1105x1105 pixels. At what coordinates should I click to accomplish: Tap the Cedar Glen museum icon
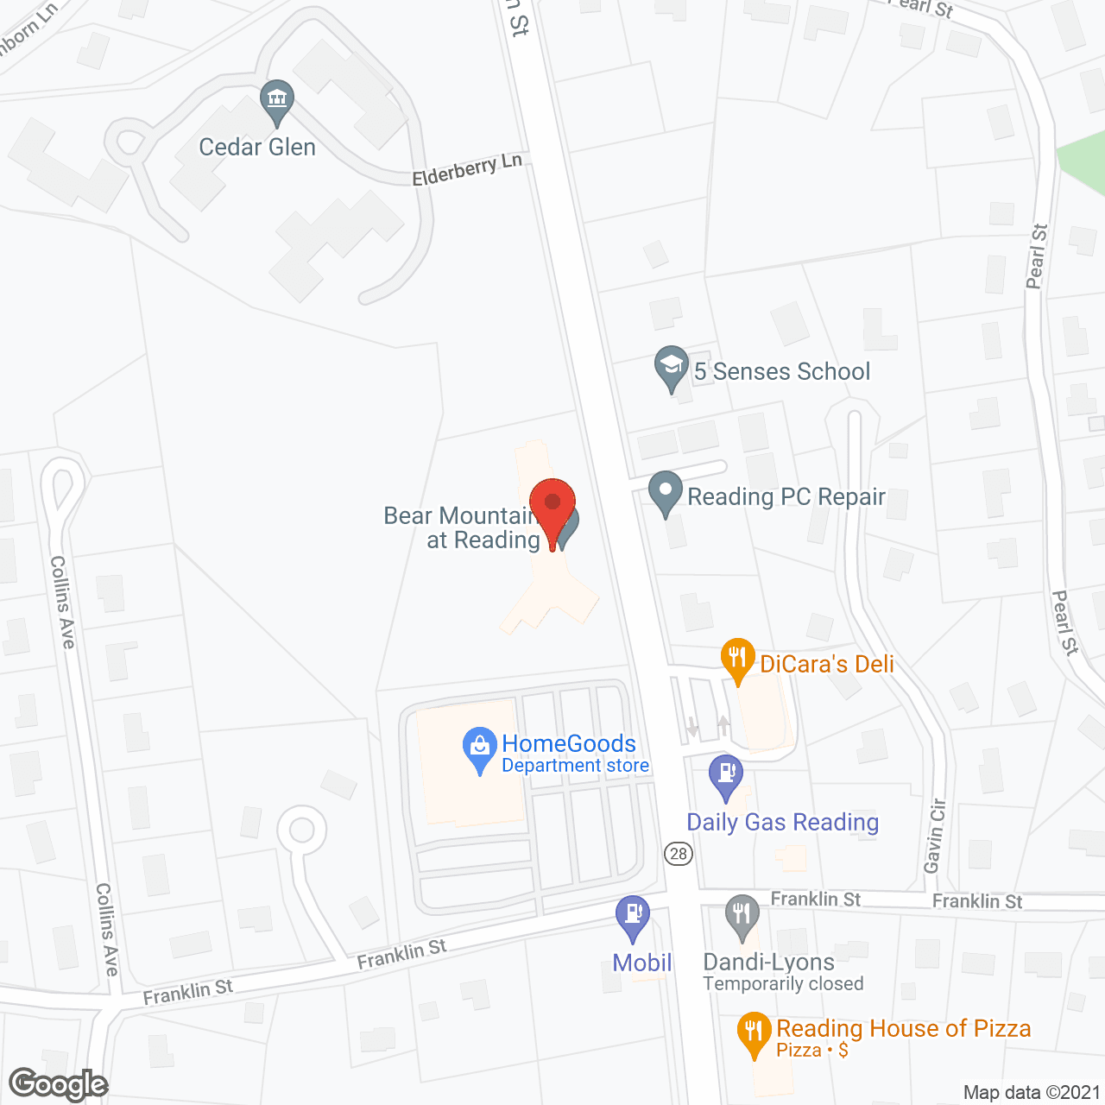(x=277, y=101)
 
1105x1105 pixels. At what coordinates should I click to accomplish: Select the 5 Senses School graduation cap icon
(x=671, y=367)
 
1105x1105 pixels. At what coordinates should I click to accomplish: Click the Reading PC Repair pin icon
(x=665, y=492)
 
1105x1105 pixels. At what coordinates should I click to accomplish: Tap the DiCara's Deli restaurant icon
(x=737, y=659)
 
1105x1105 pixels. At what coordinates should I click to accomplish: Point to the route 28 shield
(x=679, y=854)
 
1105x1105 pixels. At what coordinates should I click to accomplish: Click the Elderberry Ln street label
(x=467, y=169)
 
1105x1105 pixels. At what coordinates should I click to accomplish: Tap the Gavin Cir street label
(x=935, y=836)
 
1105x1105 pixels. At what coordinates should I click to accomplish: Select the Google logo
(x=59, y=1084)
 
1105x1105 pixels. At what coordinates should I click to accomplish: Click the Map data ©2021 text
(x=1032, y=1092)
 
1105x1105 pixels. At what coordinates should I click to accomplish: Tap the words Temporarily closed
(x=783, y=984)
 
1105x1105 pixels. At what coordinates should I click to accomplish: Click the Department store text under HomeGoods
(x=575, y=766)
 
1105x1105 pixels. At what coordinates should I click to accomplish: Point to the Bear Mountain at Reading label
(x=463, y=527)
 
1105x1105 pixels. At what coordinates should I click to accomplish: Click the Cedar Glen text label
(x=257, y=148)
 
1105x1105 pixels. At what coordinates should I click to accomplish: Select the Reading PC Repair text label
(x=786, y=497)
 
